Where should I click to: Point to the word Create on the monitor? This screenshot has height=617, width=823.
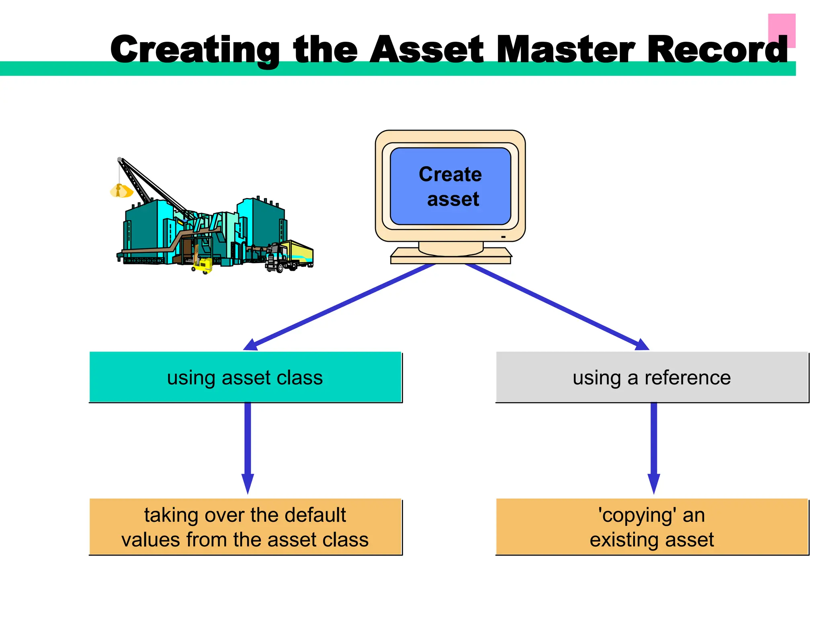click(x=450, y=174)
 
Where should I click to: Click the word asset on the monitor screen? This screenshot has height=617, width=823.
click(x=453, y=199)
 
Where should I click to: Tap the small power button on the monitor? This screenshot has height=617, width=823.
click(x=503, y=237)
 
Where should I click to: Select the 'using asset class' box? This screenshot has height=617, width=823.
click(x=245, y=377)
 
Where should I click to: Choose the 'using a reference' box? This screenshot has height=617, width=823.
click(x=652, y=377)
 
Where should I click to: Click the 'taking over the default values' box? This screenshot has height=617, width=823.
click(x=245, y=527)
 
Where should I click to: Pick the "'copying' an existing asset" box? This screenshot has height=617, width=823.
click(x=652, y=527)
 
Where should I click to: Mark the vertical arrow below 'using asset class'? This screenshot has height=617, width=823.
click(x=248, y=446)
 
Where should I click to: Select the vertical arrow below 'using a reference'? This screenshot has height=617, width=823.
click(x=654, y=446)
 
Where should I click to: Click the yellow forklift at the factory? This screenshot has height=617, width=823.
click(x=203, y=266)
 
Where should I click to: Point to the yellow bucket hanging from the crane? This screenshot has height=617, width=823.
click(x=121, y=191)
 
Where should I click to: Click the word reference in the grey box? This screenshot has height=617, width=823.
click(x=688, y=378)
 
